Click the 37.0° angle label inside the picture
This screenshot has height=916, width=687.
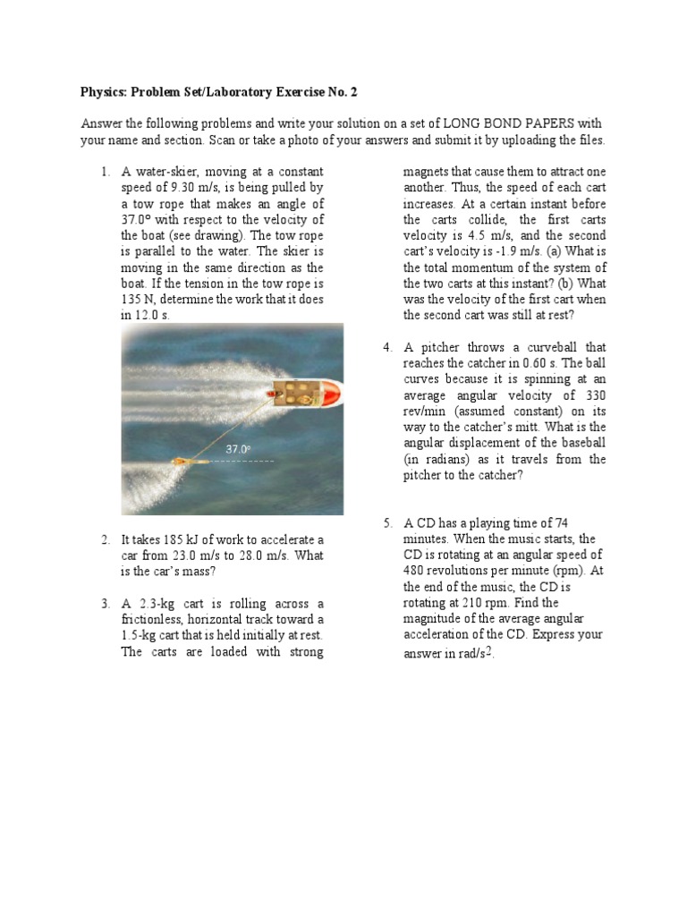tap(238, 449)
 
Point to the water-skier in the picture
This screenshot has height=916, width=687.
tap(184, 461)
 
